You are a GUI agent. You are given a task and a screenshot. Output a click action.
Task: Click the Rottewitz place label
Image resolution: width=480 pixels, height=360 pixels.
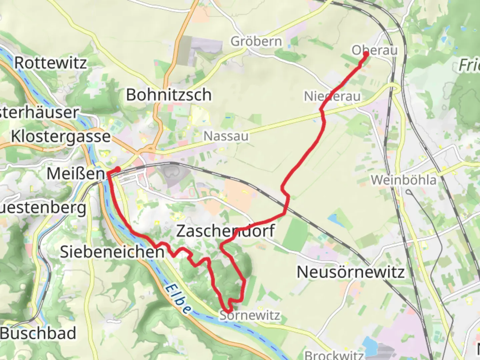pyautogui.click(x=50, y=63)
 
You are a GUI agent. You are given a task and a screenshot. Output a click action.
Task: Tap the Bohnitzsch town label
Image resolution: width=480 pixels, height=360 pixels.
pyautogui.click(x=169, y=95)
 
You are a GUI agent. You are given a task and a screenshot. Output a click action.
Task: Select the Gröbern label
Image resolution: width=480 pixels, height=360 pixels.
pyautogui.click(x=256, y=42)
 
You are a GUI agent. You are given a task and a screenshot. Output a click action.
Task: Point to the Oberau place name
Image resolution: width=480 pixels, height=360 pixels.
pyautogui.click(x=375, y=50)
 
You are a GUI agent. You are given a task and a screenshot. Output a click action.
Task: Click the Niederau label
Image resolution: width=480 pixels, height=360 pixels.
pyautogui.click(x=332, y=96)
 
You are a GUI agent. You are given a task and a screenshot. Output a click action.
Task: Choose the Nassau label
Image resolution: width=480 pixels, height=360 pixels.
pyautogui.click(x=226, y=136)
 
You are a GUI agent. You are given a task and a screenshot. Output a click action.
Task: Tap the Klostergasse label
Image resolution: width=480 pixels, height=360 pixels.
pyautogui.click(x=61, y=136)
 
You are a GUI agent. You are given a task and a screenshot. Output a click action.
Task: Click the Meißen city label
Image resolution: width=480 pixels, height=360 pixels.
pyautogui.click(x=76, y=173)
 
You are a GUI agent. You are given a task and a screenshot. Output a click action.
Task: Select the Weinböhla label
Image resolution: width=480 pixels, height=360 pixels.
pyautogui.click(x=403, y=180)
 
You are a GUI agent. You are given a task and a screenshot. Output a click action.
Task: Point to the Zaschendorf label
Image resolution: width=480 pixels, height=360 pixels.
pyautogui.click(x=225, y=231)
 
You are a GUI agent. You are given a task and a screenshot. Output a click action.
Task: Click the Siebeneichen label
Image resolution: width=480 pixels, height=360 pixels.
pyautogui.click(x=112, y=252)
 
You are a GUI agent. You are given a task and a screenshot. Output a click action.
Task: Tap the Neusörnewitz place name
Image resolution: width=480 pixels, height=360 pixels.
pyautogui.click(x=351, y=272)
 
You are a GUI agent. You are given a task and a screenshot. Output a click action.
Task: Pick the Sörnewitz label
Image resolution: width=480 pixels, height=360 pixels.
pyautogui.click(x=250, y=315)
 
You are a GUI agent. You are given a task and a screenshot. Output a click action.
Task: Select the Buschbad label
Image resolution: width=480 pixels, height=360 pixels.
pyautogui.click(x=38, y=333)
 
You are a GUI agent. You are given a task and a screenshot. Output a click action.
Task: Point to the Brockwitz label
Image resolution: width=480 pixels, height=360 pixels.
pyautogui.click(x=333, y=355)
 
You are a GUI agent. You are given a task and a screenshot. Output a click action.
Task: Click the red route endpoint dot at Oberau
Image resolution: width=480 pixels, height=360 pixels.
pyautogui.click(x=366, y=54)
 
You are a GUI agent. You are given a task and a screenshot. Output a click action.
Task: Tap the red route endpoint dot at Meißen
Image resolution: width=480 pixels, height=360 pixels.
pyautogui.click(x=117, y=169)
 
